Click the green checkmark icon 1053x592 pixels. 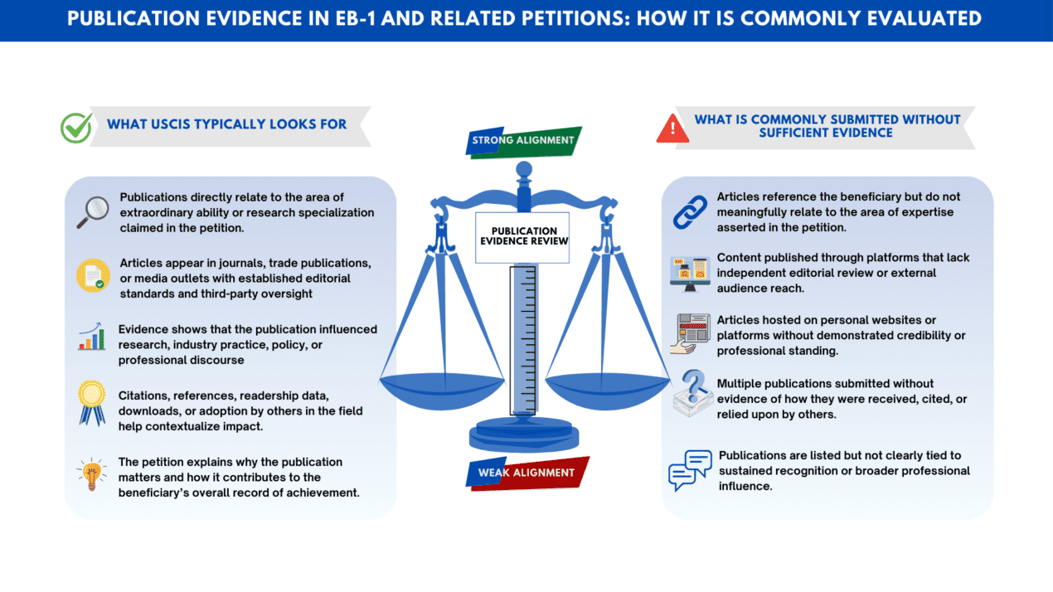pyautogui.click(x=76, y=127)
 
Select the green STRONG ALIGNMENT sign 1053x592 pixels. pyautogui.click(x=522, y=141)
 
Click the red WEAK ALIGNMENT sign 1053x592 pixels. pyautogui.click(x=526, y=473)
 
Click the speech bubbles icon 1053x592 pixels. pyautogui.click(x=690, y=471)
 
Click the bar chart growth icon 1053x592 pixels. pyautogui.click(x=92, y=337)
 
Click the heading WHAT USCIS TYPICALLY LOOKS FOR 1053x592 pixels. pyautogui.click(x=226, y=125)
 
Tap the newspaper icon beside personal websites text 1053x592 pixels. pyautogui.click(x=690, y=333)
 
